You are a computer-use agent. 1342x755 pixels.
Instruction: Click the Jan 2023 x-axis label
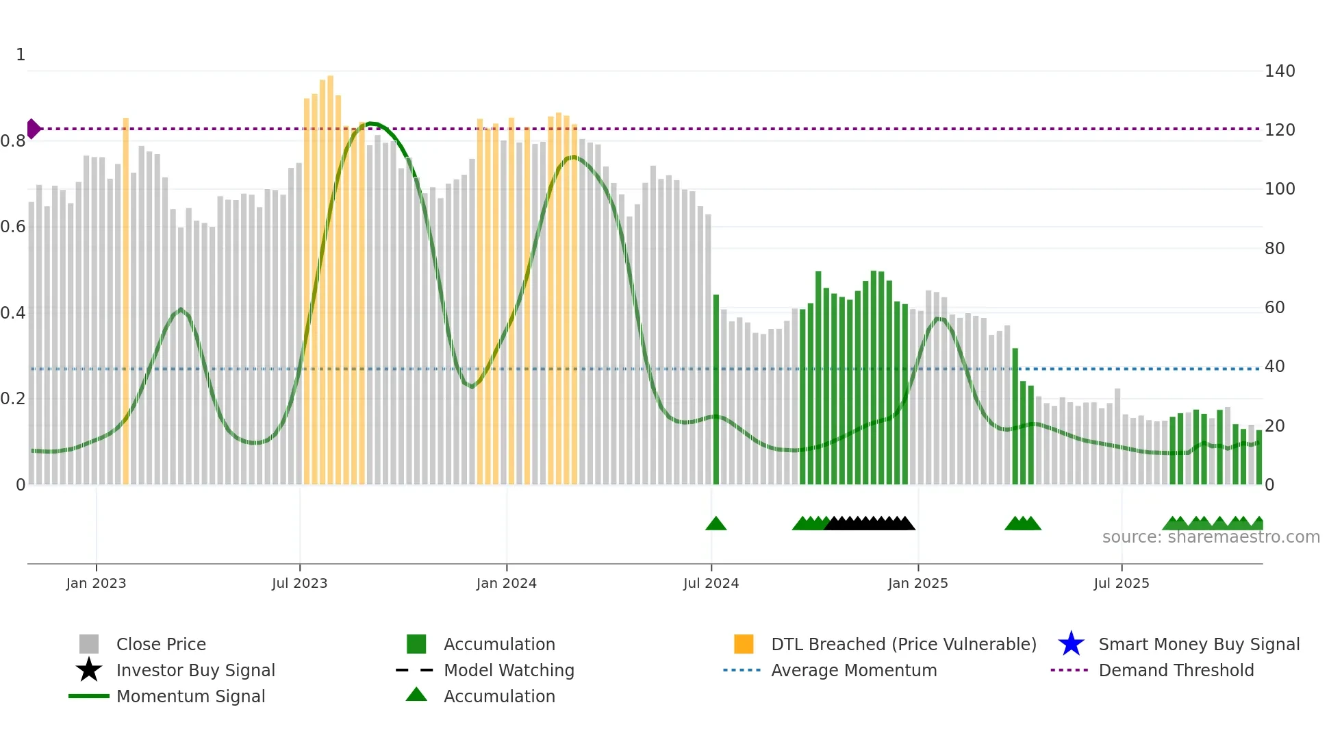click(x=96, y=583)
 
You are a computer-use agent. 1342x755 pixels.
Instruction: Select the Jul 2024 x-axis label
click(x=711, y=583)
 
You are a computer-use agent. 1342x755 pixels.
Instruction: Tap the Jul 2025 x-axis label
click(x=1121, y=583)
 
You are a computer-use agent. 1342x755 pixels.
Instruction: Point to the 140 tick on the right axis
click(x=1280, y=71)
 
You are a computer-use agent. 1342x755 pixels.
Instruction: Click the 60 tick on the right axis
click(x=1274, y=308)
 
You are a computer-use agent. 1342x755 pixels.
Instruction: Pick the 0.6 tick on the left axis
click(x=13, y=227)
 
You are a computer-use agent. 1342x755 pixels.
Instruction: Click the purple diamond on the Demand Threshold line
click(x=34, y=129)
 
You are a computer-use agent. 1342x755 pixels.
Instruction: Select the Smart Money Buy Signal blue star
click(x=1071, y=644)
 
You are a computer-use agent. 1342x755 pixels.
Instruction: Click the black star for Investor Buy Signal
click(x=89, y=670)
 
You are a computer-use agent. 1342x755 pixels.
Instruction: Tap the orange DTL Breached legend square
click(x=744, y=644)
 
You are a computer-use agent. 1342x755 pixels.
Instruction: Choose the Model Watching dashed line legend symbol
click(x=415, y=670)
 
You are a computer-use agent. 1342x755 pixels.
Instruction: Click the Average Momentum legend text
click(x=854, y=670)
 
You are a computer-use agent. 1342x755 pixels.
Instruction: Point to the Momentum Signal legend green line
click(x=89, y=696)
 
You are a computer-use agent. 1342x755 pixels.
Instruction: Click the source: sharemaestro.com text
click(x=1211, y=537)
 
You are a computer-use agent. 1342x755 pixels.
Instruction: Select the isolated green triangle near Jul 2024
click(x=716, y=524)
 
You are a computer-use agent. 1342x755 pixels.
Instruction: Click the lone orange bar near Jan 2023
click(x=126, y=301)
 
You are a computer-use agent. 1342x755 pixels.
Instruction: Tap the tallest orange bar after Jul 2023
click(x=330, y=281)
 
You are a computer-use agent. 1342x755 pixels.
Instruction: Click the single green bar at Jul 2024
click(x=716, y=391)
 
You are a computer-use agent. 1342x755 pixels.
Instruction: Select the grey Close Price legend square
click(x=89, y=644)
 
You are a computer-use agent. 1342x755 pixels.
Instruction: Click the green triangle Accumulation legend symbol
click(x=416, y=695)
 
